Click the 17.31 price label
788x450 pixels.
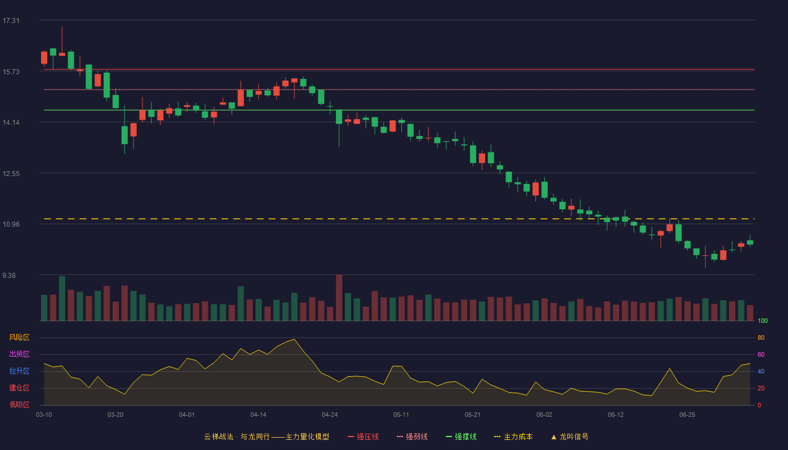click(11, 21)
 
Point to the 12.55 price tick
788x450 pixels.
click(11, 174)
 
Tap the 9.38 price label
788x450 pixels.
click(9, 276)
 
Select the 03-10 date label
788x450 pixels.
click(44, 415)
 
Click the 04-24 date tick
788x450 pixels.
click(330, 415)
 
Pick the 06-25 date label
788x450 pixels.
click(687, 415)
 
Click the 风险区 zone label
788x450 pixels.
click(19, 337)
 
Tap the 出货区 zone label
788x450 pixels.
click(19, 354)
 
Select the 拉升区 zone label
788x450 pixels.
click(19, 371)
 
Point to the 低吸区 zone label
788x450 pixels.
click(19, 404)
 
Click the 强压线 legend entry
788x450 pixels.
click(363, 436)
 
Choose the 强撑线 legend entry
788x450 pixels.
click(461, 436)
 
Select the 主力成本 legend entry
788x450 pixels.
click(513, 436)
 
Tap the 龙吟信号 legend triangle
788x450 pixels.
click(554, 437)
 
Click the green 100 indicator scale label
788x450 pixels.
click(763, 321)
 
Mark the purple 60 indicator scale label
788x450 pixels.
click(761, 354)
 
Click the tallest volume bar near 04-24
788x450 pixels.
click(339, 298)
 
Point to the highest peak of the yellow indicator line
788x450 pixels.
click(294, 339)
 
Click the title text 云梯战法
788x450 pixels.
click(218, 436)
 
